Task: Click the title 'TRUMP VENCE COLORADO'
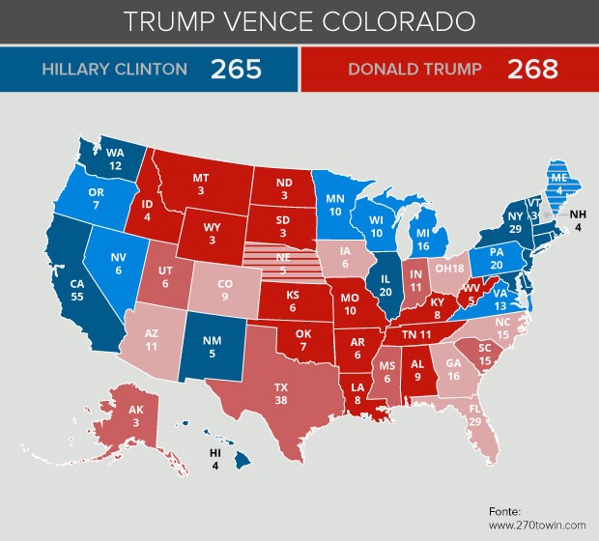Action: pos(299,20)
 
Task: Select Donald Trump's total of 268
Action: pos(535,70)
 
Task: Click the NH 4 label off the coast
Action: pos(578,221)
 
